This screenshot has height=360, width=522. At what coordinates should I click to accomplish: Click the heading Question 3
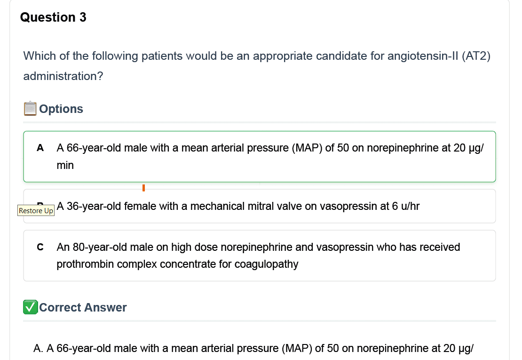[53, 17]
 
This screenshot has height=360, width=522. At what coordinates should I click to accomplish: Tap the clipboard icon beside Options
[30, 108]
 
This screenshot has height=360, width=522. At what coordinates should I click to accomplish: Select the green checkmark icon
[30, 307]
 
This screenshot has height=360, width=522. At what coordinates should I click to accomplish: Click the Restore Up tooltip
[36, 210]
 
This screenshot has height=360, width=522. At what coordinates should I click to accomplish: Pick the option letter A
[40, 148]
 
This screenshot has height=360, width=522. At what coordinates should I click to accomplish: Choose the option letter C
[40, 247]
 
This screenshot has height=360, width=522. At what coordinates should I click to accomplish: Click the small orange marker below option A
[143, 188]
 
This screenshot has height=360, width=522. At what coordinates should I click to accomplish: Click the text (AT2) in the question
[476, 56]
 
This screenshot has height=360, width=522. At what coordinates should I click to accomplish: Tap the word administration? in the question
[63, 76]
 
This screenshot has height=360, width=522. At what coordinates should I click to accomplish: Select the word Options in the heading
[61, 109]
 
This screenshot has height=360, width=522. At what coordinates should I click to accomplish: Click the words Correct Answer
[83, 307]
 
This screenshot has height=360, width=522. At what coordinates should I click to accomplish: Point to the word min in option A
[65, 165]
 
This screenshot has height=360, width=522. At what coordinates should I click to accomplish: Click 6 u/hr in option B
[406, 206]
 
